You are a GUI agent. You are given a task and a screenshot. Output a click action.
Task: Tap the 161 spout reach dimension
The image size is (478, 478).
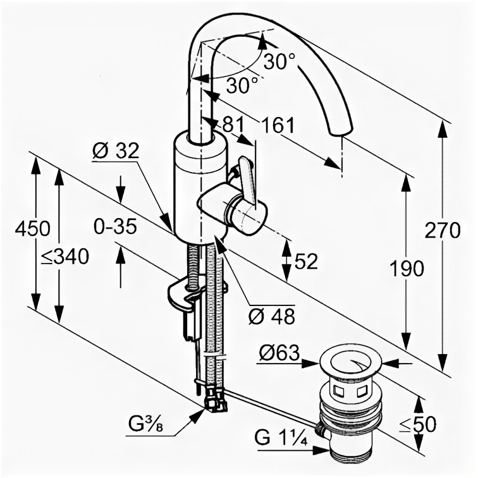(278, 125)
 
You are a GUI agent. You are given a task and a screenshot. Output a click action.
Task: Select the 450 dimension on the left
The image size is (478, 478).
(30, 228)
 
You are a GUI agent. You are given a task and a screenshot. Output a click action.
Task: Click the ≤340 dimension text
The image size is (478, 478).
(64, 256)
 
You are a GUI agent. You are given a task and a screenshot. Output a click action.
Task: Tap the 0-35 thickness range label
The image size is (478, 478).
(114, 226)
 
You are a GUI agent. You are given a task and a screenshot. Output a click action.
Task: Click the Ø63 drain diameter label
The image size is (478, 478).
(278, 355)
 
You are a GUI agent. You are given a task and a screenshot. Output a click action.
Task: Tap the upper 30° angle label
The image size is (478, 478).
(279, 61)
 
